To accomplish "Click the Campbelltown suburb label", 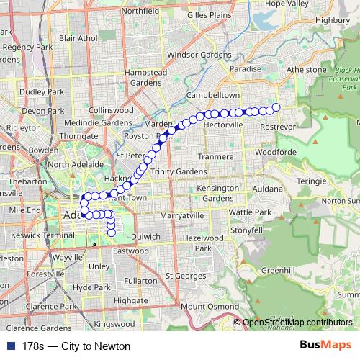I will point(212,94).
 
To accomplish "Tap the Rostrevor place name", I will point(278,126).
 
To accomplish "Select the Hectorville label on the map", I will point(224,125).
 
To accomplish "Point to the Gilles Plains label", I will point(210,14).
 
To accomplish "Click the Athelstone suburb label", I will point(307,70).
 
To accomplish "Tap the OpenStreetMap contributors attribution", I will point(297,322).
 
